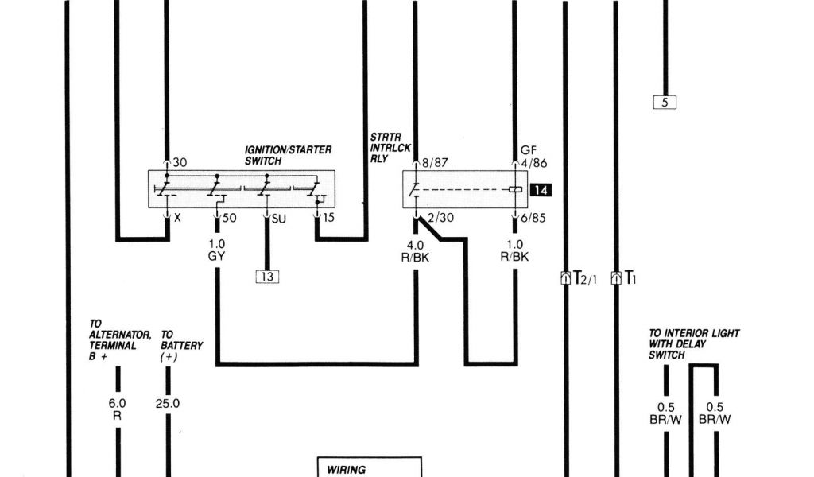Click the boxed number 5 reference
click(x=664, y=102)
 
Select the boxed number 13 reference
click(x=267, y=277)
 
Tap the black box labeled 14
click(x=541, y=190)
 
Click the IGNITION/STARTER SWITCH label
click(x=288, y=154)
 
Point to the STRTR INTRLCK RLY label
click(x=390, y=147)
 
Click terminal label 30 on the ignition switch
click(x=180, y=162)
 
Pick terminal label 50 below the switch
click(x=228, y=218)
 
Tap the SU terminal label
click(x=278, y=218)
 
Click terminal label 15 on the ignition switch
click(x=330, y=218)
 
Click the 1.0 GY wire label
click(x=217, y=250)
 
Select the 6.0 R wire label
click(x=117, y=409)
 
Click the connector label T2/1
click(x=583, y=278)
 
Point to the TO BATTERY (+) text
click(x=181, y=346)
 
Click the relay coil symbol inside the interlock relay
click(x=515, y=190)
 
